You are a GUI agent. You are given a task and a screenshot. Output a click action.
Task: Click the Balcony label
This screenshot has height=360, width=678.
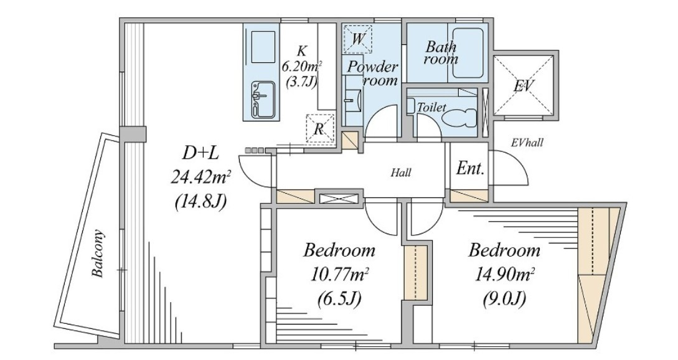point(98,253)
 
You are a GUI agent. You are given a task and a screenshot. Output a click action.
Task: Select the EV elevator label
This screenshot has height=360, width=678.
point(524,86)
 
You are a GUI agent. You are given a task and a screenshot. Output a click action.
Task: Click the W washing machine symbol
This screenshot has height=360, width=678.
point(357,39)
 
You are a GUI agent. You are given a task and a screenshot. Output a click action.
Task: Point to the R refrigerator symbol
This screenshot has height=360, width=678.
point(319,128)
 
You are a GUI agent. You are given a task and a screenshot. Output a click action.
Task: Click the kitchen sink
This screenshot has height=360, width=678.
point(263,100)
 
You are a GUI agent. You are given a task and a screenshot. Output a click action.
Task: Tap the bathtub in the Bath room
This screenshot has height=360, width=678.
point(468,53)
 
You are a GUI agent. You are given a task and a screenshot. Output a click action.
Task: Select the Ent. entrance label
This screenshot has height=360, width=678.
point(469,168)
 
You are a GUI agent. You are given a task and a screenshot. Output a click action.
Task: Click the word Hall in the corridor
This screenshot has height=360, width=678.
point(401,173)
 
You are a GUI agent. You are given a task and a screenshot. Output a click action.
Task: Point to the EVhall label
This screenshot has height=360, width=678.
point(527,143)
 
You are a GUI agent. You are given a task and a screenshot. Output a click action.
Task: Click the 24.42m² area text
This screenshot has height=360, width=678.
point(200,176)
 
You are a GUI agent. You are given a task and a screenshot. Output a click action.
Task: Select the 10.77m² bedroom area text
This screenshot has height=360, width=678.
point(339,274)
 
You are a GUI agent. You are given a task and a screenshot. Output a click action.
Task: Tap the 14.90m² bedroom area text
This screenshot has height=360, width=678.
point(504,274)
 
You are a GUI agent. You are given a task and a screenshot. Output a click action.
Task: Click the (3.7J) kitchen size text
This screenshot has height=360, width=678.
point(301,81)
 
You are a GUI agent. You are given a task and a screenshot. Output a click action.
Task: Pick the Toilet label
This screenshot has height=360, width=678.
point(431,107)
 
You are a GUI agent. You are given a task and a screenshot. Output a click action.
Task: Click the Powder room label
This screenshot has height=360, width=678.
point(373,73)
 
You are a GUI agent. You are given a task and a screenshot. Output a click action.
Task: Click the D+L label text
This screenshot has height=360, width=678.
point(200,153)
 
